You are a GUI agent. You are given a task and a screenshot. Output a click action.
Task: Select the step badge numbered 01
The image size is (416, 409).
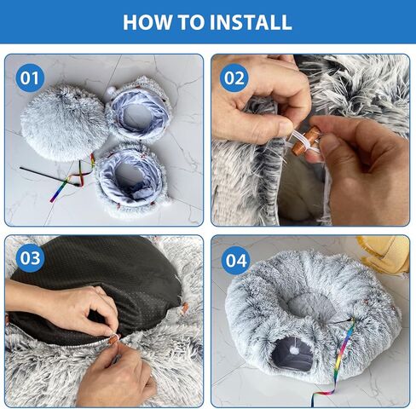point(30,78)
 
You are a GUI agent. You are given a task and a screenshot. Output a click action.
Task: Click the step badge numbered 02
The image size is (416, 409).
point(234,78)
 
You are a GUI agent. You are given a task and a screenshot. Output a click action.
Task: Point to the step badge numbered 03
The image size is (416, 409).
point(30,258)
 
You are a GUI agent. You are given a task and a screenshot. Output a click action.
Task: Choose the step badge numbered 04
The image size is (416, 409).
point(236,261)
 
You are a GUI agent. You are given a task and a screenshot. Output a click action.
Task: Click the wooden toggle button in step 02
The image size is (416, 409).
point(306,141)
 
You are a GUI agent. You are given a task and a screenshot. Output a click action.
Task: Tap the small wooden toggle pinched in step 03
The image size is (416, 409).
point(113,338)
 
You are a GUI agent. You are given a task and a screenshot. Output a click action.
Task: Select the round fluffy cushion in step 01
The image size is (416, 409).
point(65,123)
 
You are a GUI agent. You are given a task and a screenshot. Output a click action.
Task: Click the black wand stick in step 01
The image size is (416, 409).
point(49,176)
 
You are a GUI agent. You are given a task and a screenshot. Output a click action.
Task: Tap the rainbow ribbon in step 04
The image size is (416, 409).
point(338,360)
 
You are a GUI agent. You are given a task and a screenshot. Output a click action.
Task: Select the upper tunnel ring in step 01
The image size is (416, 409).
point(138,110)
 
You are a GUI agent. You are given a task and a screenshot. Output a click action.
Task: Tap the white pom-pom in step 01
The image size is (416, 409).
point(110,91)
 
